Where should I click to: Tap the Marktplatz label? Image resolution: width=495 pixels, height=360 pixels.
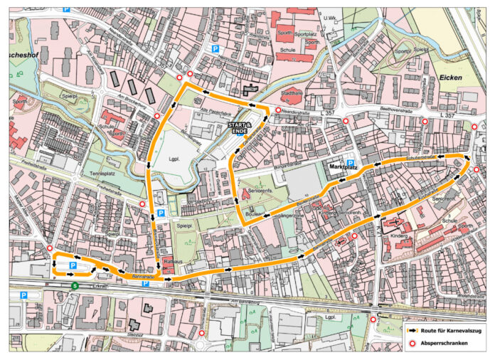(x=345, y=169)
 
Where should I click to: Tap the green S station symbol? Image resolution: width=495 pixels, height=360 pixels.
(x=75, y=286)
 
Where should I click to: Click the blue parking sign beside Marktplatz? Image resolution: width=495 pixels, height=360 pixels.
(x=350, y=162)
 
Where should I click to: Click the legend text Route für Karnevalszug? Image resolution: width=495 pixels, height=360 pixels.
(x=451, y=331)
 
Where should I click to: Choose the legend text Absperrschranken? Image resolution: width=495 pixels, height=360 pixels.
(x=444, y=345)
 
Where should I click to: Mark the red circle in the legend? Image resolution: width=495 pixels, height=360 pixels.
(x=411, y=345)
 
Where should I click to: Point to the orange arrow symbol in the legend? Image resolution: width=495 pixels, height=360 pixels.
(x=411, y=331)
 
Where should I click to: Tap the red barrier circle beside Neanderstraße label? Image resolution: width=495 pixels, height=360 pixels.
(x=277, y=110)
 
